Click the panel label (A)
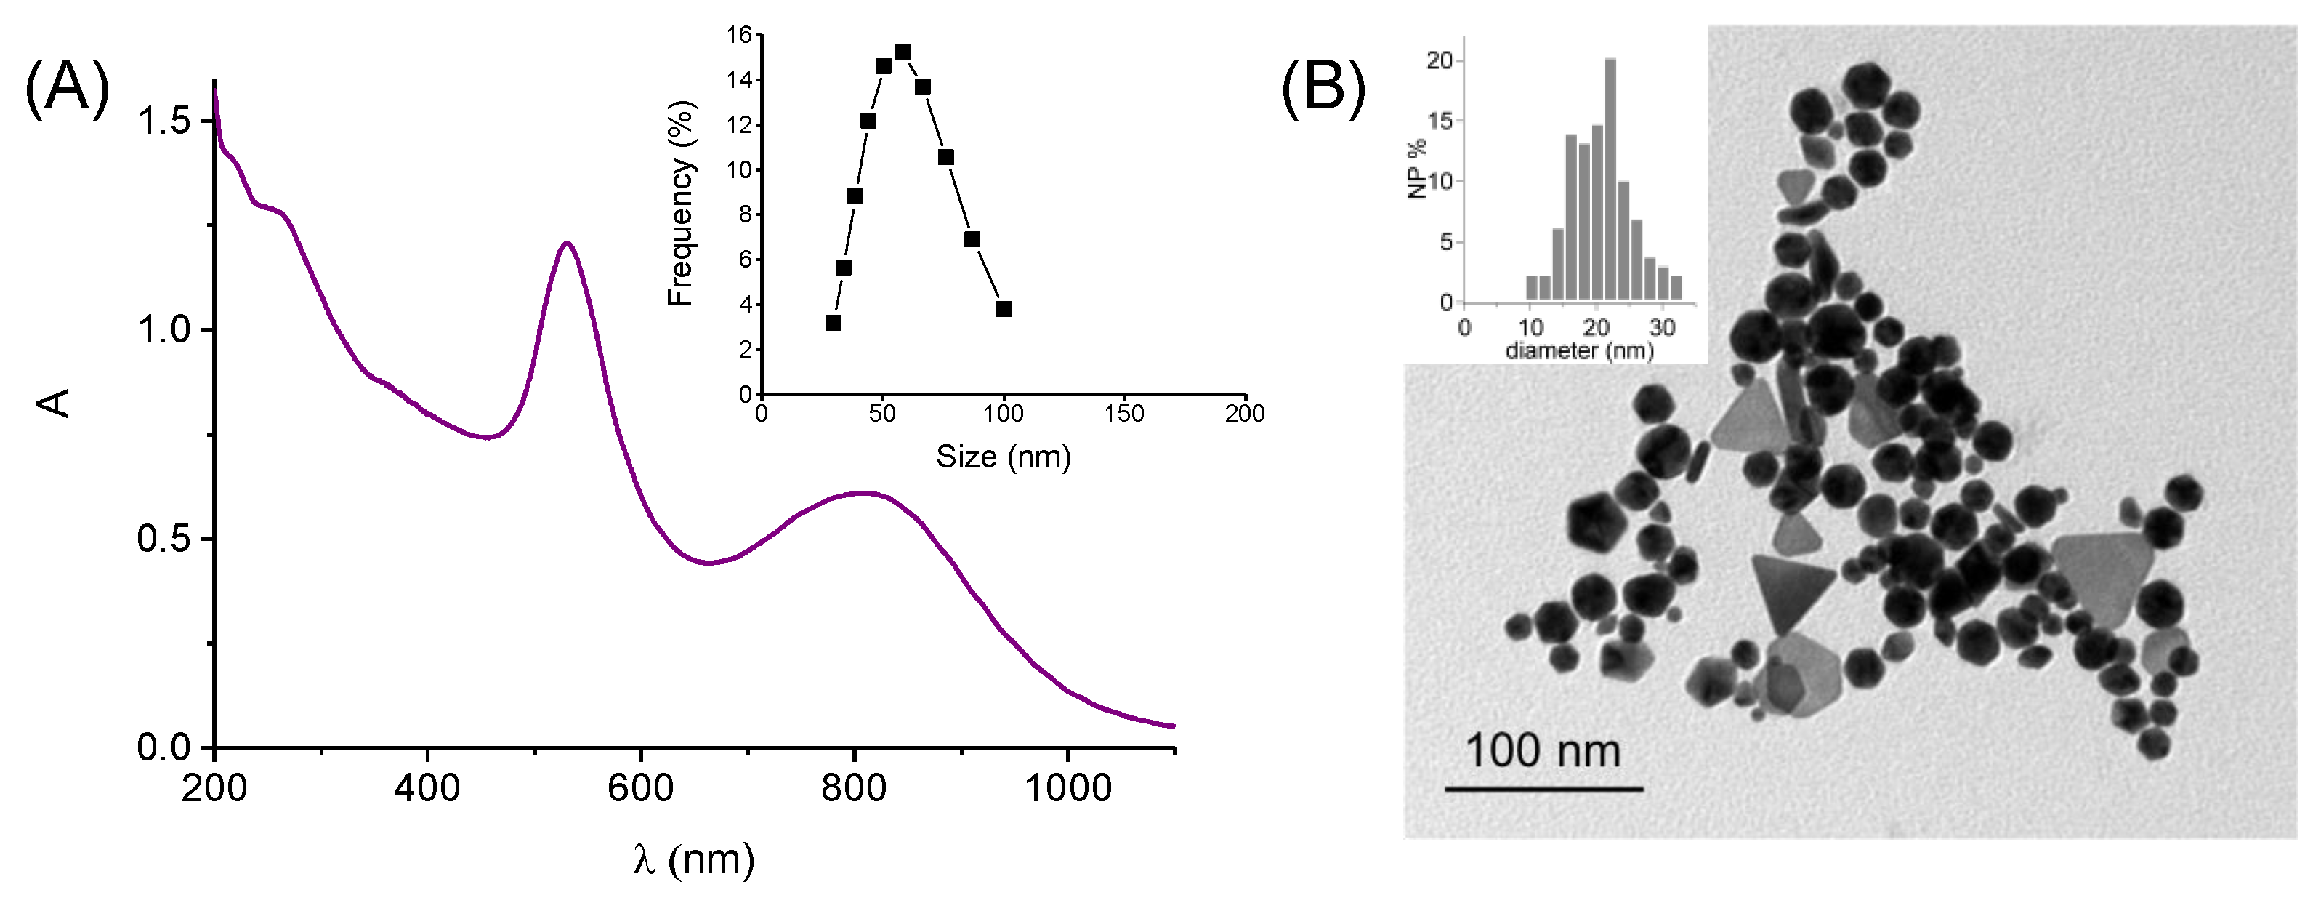point(68,87)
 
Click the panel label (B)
point(1323,87)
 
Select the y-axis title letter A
point(54,402)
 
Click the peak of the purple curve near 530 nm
point(567,244)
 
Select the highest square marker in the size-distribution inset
point(902,52)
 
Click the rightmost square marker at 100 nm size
point(1004,309)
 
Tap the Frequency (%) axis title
point(681,204)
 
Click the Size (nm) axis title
point(1003,457)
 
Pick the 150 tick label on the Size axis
point(1123,414)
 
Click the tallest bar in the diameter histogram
point(1610,180)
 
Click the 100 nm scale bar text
point(1543,751)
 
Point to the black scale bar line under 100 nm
point(1543,790)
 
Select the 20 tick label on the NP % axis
point(1439,60)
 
